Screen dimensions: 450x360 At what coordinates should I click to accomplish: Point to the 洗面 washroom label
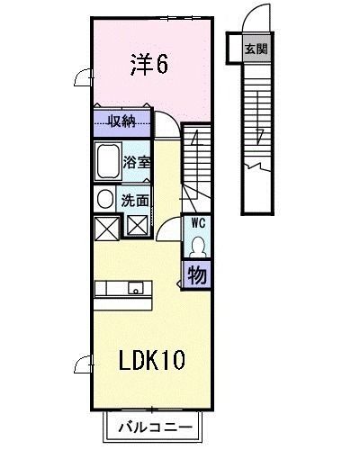coord(136,200)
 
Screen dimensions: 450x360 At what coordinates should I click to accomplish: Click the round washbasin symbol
coord(104,200)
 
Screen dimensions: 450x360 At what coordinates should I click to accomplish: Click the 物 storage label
coord(197,274)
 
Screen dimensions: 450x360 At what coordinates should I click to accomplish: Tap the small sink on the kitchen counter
coord(135,289)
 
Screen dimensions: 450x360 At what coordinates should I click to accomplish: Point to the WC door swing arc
coord(167,231)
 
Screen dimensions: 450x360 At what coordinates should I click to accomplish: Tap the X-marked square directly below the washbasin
coord(104,227)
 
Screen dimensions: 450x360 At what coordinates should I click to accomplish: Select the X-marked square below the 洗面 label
coord(138,226)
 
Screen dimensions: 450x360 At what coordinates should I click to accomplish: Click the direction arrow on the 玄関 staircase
coord(260,135)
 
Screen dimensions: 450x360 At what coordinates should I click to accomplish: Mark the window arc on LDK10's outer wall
coord(82,364)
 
